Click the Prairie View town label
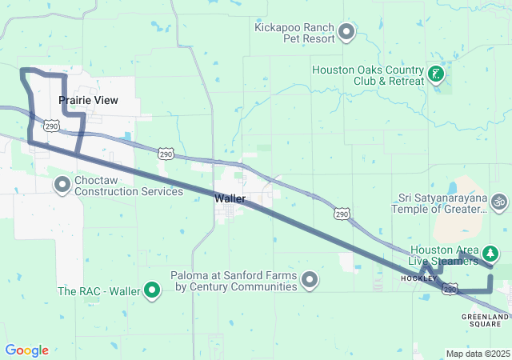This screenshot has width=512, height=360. (88, 101)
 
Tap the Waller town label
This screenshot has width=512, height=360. (230, 198)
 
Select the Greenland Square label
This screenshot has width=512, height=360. (486, 321)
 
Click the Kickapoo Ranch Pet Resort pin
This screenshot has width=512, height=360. (346, 33)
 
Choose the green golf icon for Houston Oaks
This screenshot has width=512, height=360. (436, 76)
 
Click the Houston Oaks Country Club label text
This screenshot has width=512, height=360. (366, 75)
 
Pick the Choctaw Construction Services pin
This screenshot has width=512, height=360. (62, 186)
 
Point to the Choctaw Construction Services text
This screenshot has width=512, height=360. (128, 186)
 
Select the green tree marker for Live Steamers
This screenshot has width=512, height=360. (489, 256)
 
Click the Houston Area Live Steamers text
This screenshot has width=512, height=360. (444, 256)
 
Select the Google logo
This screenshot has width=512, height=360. (26, 350)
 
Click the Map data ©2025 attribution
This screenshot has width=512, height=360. (477, 354)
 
